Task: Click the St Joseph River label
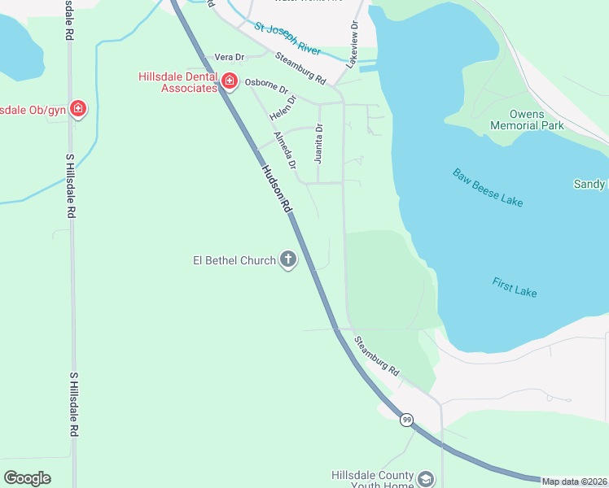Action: (290, 37)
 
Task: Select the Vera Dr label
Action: (229, 57)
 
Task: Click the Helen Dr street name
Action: (283, 110)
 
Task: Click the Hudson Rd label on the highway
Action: (277, 189)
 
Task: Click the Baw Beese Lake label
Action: (488, 187)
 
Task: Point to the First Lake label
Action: (515, 287)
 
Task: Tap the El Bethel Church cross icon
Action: (287, 260)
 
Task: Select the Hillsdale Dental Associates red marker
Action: (230, 81)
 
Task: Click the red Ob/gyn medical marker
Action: (78, 108)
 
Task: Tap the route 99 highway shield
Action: (407, 420)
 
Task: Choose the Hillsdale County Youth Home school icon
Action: (426, 479)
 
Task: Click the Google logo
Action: (27, 478)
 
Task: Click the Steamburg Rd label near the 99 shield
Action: (377, 355)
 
